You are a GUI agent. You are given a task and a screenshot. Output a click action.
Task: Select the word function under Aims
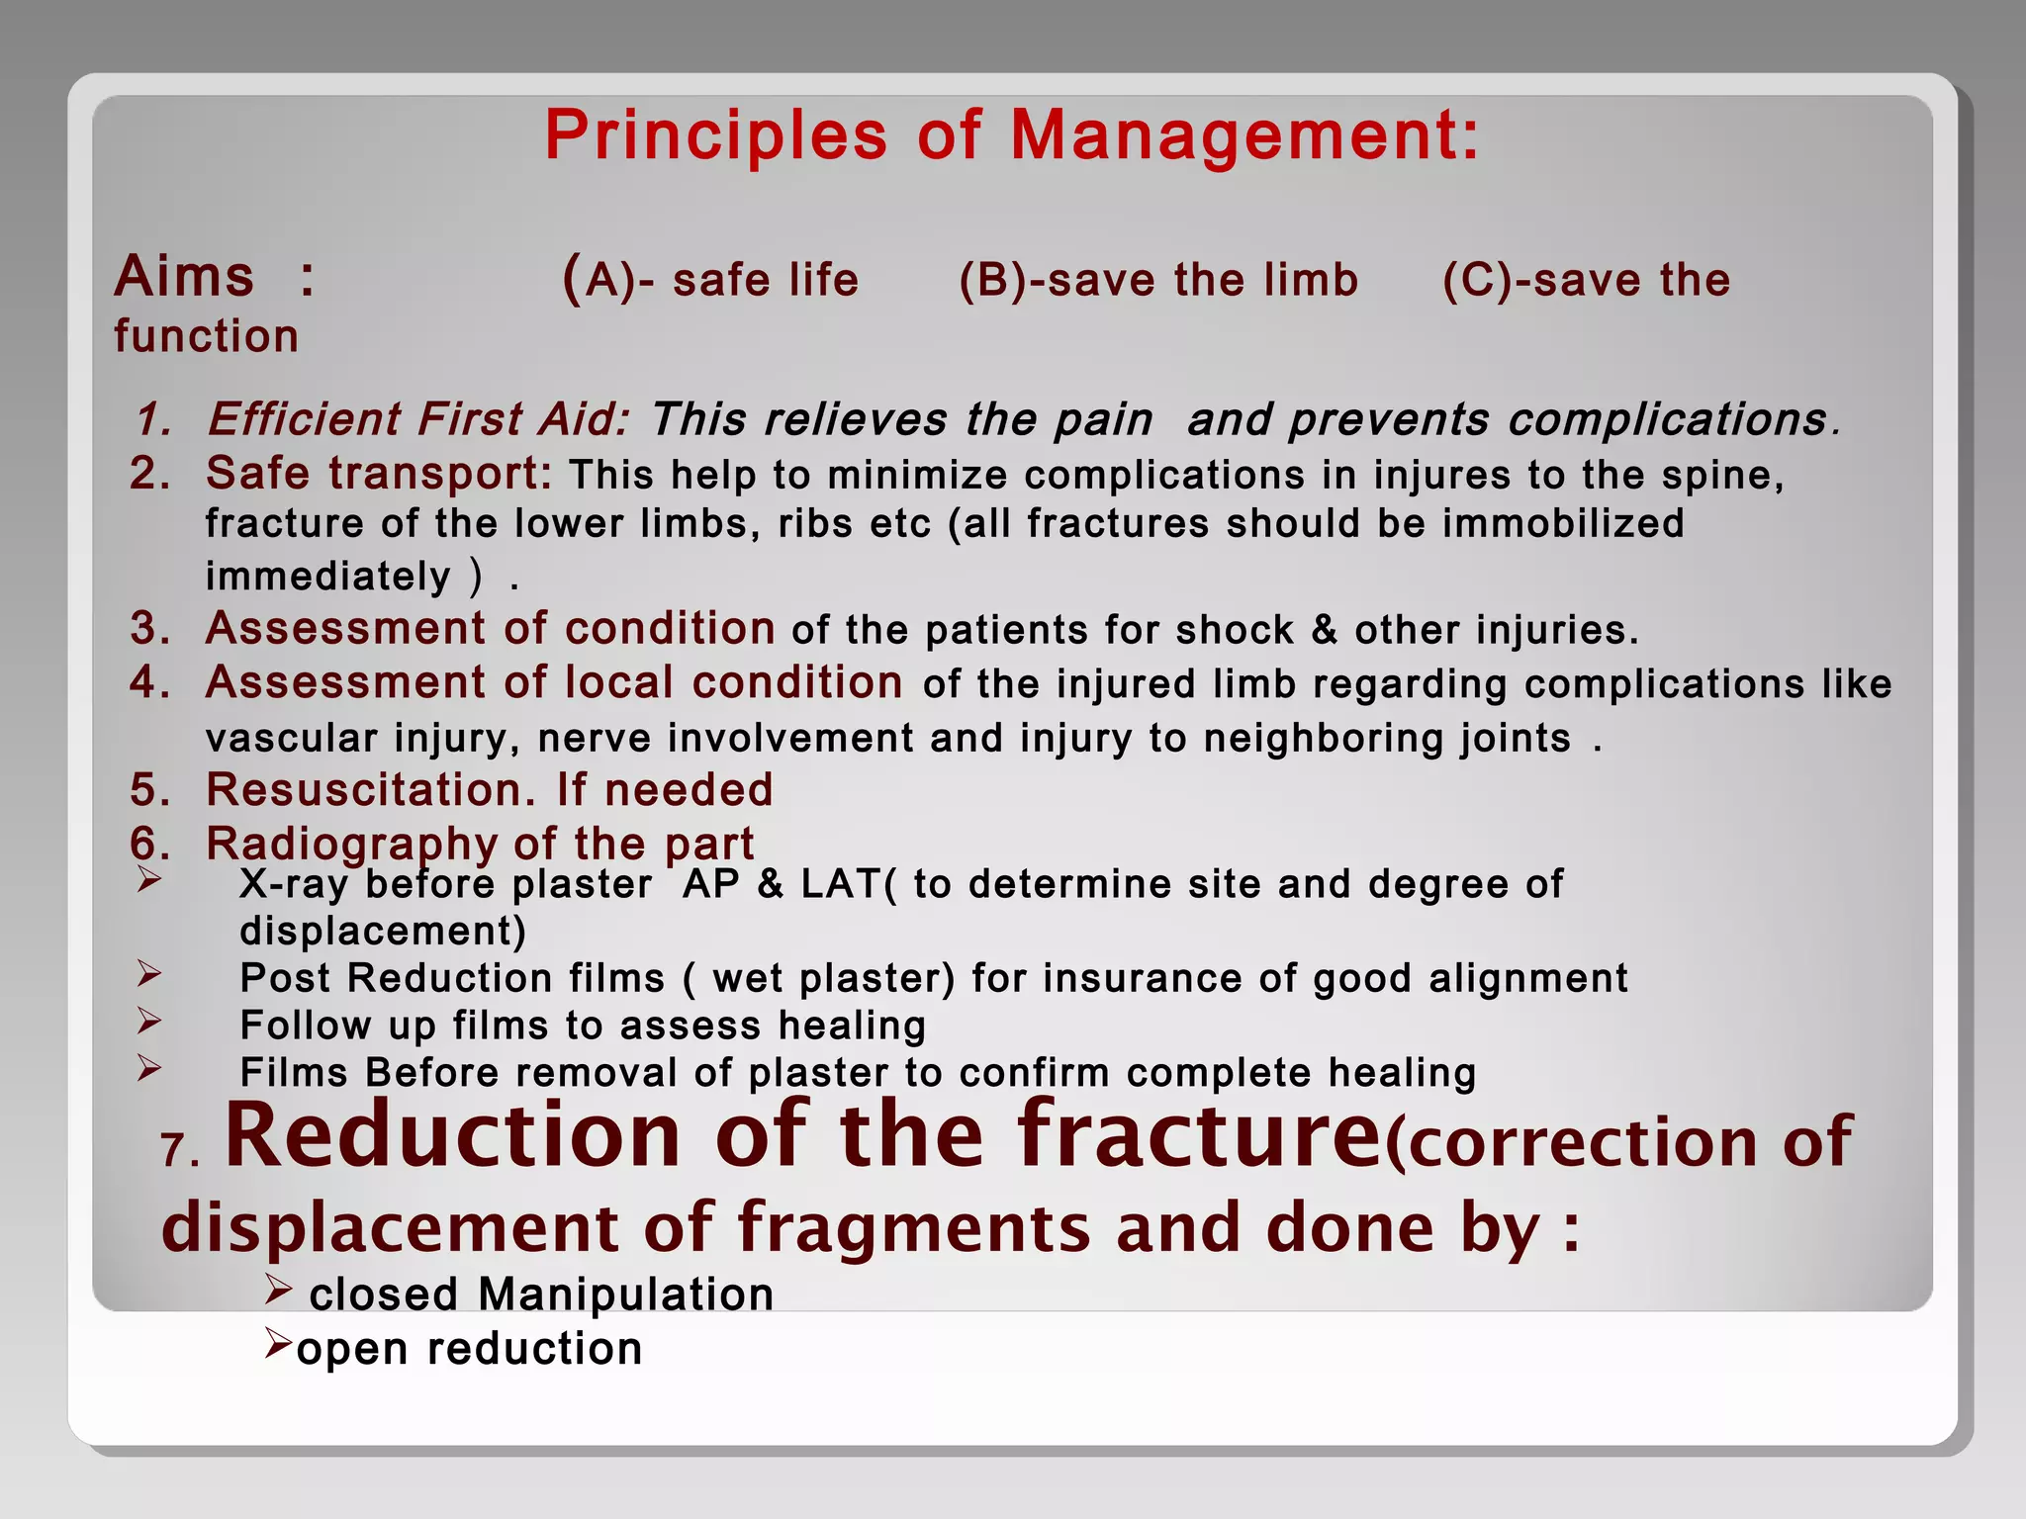point(206,336)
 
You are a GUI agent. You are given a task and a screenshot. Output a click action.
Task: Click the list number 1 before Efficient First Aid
point(153,420)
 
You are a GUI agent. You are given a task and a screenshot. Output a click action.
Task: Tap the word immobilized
point(1563,523)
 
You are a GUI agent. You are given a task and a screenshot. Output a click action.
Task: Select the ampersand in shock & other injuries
point(1324,630)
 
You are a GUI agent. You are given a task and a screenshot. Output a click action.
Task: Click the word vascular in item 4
point(291,738)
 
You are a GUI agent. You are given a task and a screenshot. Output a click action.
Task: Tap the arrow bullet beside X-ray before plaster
point(149,878)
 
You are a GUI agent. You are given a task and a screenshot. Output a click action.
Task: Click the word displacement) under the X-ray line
point(383,932)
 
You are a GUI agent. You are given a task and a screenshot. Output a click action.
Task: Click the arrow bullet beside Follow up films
point(149,1020)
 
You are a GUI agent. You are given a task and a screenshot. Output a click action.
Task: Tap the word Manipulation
point(625,1295)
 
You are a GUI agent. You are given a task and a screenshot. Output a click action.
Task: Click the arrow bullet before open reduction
point(278,1343)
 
